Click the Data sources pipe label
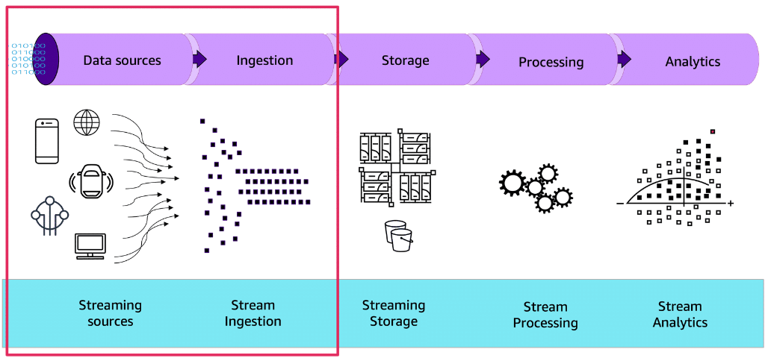click(x=122, y=60)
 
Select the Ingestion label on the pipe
click(x=264, y=60)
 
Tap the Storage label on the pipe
click(x=405, y=60)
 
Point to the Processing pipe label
click(x=551, y=62)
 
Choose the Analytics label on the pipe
click(x=693, y=61)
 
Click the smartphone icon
click(x=46, y=141)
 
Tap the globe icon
click(x=87, y=122)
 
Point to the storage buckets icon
click(x=397, y=236)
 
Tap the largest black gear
click(x=513, y=183)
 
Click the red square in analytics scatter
click(x=713, y=131)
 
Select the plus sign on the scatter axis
click(x=731, y=203)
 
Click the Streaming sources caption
click(x=110, y=313)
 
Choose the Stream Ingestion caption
click(x=253, y=313)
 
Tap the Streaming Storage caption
click(x=393, y=313)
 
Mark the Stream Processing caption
click(x=545, y=315)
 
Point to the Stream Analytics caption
click(x=680, y=314)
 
